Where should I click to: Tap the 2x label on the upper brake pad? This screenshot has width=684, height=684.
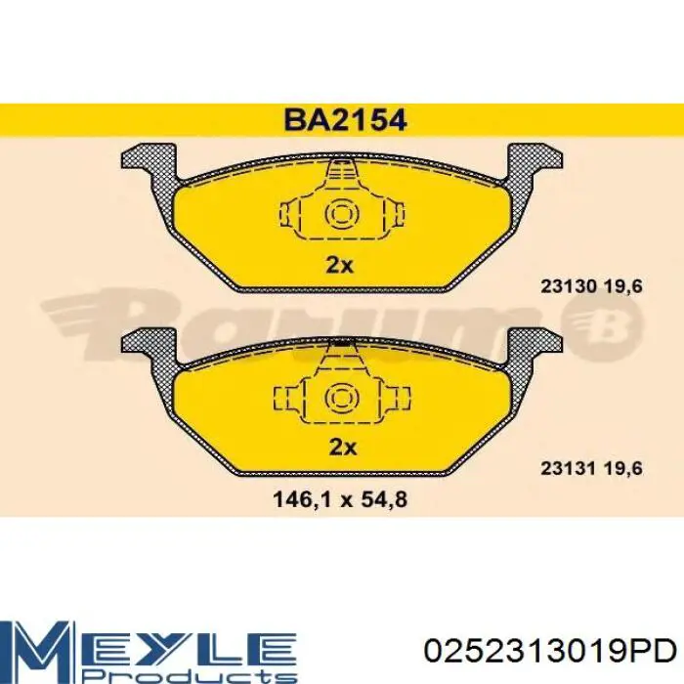pos(342,265)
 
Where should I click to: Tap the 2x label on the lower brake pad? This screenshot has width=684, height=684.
pos(342,447)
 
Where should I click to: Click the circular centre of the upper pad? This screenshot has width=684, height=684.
pos(342,213)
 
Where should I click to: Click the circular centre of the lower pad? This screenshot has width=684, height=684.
pos(342,396)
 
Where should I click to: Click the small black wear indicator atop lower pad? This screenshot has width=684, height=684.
pos(342,343)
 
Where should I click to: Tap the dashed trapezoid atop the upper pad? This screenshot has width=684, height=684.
pos(342,176)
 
